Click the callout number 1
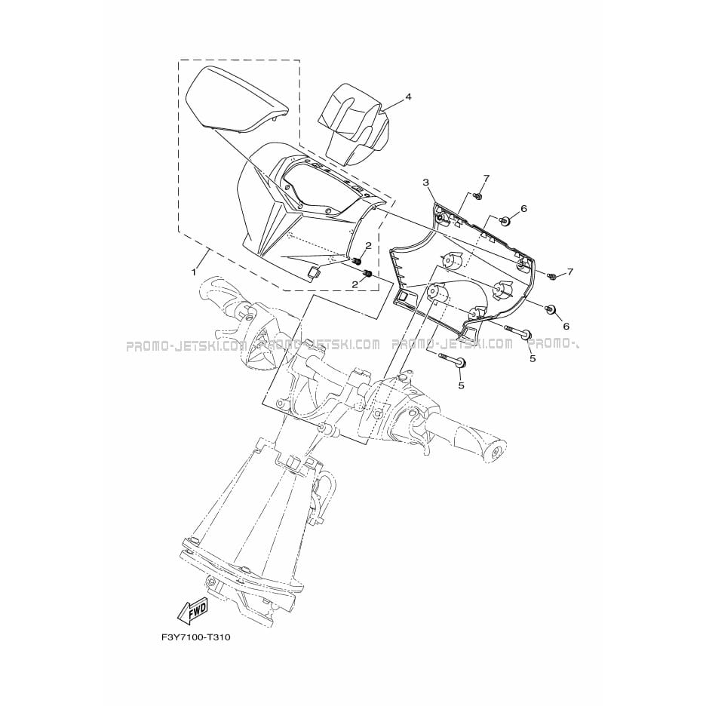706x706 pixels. click(x=194, y=272)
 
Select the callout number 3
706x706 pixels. click(x=426, y=182)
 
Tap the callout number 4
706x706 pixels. click(x=408, y=97)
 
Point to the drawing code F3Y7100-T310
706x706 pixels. click(x=195, y=637)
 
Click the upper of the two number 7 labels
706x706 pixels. click(x=486, y=179)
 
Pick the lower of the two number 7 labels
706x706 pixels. click(x=570, y=272)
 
